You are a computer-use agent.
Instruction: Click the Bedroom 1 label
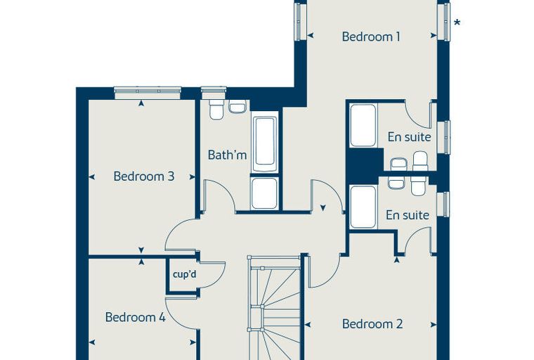(371, 37)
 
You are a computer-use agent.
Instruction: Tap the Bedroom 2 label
(372, 323)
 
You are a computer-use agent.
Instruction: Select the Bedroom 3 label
(144, 176)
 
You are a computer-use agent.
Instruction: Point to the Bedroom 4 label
(135, 317)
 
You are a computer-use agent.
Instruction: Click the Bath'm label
(227, 155)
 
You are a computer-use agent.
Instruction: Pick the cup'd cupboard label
(185, 274)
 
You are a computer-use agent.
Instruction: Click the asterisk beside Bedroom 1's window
(457, 22)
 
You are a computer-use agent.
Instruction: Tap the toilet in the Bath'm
(216, 109)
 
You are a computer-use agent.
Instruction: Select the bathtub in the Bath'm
(265, 145)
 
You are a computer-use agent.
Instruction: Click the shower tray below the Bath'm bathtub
(264, 193)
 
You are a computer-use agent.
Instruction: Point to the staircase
(273, 307)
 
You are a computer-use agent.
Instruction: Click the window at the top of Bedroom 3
(148, 93)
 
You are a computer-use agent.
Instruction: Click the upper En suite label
(409, 137)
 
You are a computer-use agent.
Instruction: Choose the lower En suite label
(408, 215)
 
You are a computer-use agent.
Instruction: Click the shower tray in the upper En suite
(363, 125)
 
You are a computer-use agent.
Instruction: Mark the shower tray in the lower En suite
(363, 207)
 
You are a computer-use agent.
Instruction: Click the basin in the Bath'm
(237, 106)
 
